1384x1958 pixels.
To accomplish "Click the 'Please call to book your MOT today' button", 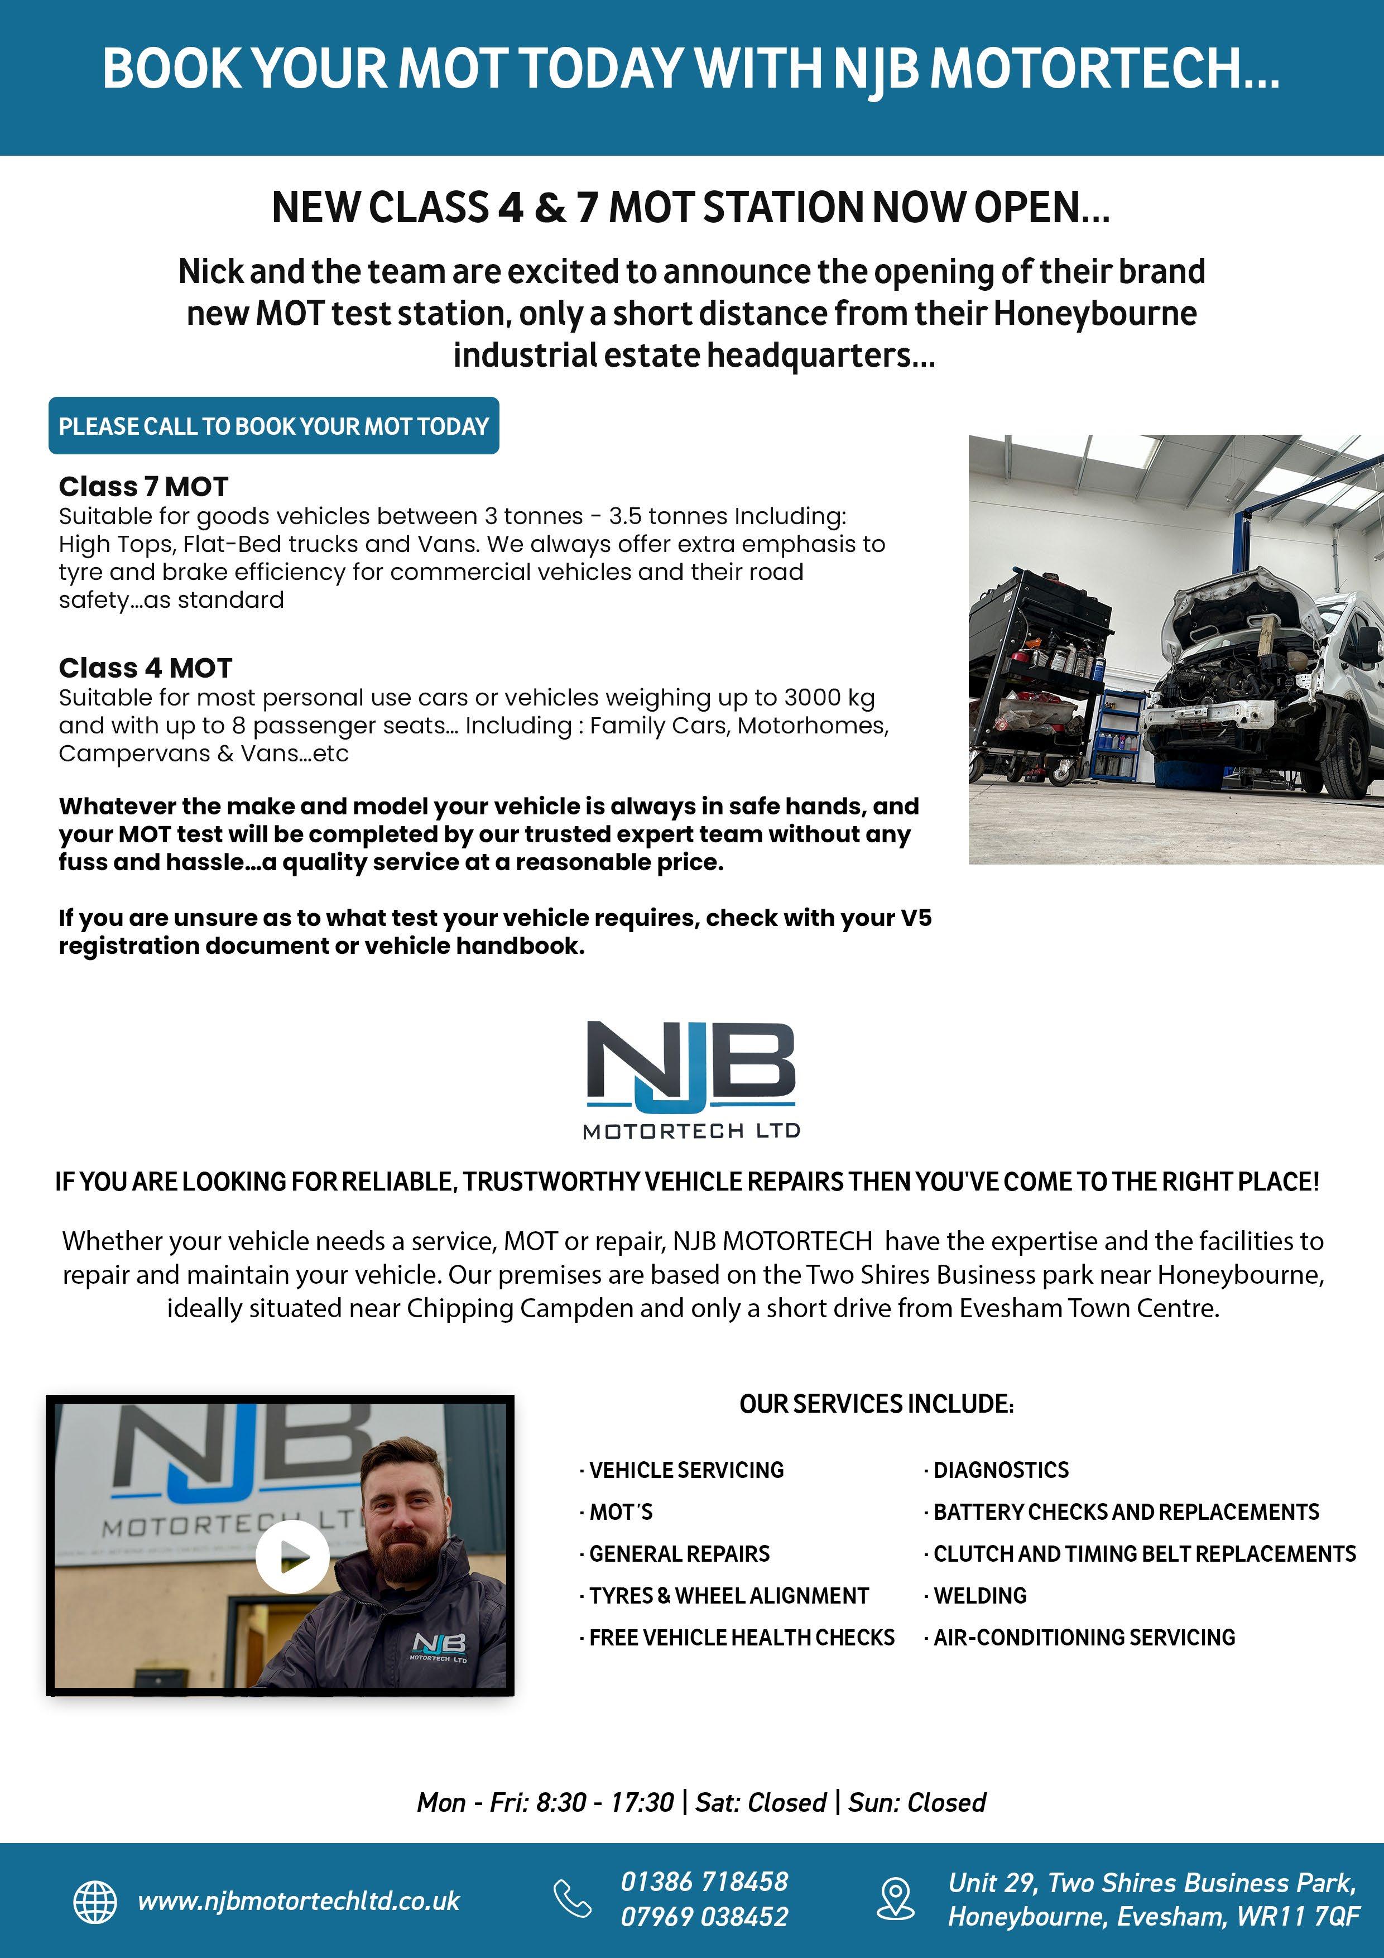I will (x=273, y=425).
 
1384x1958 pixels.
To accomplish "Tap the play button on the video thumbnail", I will (x=292, y=1556).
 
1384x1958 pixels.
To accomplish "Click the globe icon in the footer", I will (x=95, y=1901).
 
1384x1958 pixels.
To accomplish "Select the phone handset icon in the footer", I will (x=572, y=1899).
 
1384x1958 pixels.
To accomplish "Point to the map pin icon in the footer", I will (x=895, y=1899).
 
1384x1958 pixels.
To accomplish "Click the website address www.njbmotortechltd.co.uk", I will (x=299, y=1901).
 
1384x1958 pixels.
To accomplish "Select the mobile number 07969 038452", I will (x=704, y=1917).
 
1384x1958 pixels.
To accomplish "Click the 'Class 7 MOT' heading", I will (x=143, y=487).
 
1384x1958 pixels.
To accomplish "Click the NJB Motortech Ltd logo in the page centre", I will (x=691, y=1079).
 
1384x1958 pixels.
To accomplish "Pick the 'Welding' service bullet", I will (x=980, y=1596).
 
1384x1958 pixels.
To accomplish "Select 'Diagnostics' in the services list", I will (x=1000, y=1470).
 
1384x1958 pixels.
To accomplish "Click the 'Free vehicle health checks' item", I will (x=741, y=1638).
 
